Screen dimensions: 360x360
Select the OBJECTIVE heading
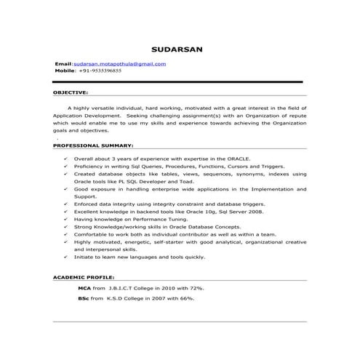point(71,93)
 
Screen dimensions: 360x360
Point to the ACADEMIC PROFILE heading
point(83,279)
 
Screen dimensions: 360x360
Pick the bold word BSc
point(84,298)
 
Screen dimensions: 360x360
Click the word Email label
point(63,64)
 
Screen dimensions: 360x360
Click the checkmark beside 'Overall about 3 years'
point(66,158)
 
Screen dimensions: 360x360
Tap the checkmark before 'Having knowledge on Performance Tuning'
point(66,219)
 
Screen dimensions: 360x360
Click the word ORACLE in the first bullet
point(238,158)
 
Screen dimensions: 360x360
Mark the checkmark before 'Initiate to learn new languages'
point(66,257)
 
